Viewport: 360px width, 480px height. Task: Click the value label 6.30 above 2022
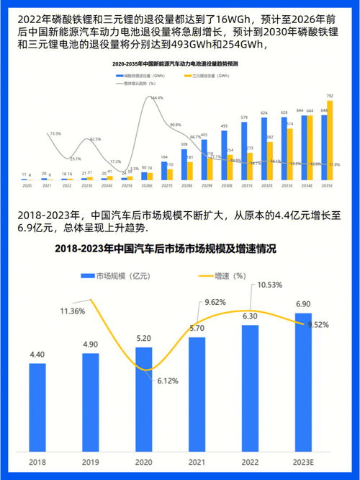[x=251, y=316]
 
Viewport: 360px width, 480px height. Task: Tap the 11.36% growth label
[x=73, y=311]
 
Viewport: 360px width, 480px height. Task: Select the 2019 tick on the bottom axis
[x=91, y=461]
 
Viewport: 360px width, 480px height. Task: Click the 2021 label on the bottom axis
[x=197, y=461]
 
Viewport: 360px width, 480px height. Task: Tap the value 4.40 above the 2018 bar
[x=37, y=354]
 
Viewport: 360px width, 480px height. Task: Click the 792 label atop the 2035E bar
[x=330, y=96]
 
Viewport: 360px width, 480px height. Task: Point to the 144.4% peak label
[x=157, y=98]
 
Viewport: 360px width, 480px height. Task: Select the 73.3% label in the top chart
[x=55, y=134]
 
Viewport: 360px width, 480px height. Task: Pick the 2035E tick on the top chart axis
[x=326, y=186]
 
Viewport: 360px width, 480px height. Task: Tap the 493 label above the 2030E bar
[x=224, y=126]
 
